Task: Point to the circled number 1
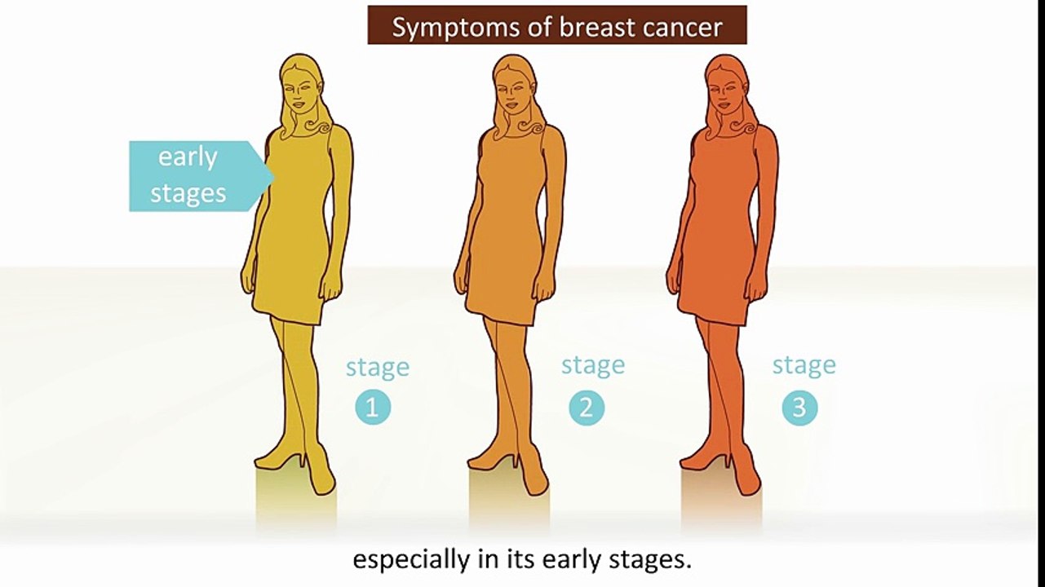pos(372,407)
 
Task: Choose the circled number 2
pos(586,407)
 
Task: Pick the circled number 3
pos(799,407)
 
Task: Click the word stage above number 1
pos(377,367)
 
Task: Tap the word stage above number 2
pos(592,364)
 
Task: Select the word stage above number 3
pos(804,364)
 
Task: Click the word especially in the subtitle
pos(409,560)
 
